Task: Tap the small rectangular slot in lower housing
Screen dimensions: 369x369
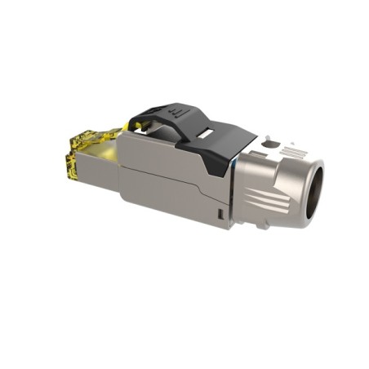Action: click(220, 215)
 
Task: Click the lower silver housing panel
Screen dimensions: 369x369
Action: click(163, 196)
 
